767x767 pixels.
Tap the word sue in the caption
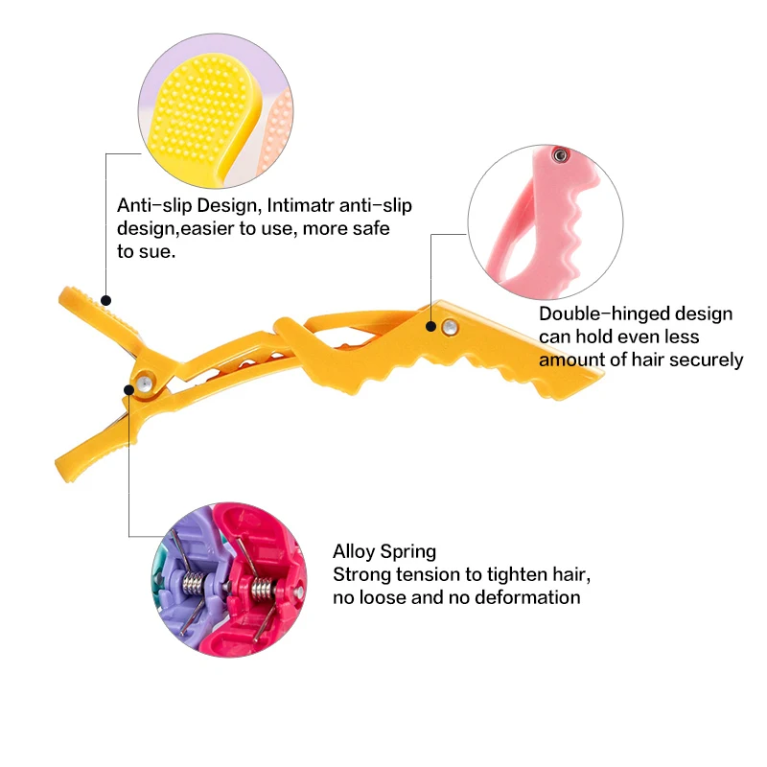tap(158, 251)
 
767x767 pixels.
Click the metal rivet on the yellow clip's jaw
tap(447, 328)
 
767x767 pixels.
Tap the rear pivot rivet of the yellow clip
tap(142, 383)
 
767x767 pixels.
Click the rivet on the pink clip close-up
tap(558, 153)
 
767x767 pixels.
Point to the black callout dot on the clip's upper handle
tap(105, 301)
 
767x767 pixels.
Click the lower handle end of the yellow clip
tap(72, 458)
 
